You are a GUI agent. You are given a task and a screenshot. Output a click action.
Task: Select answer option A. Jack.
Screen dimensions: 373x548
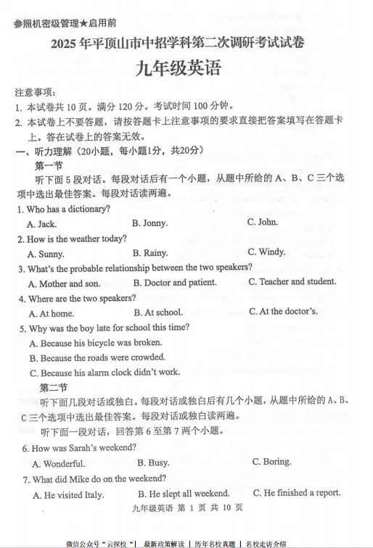[41, 224]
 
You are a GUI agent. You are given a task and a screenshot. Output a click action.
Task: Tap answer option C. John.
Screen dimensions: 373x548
[262, 222]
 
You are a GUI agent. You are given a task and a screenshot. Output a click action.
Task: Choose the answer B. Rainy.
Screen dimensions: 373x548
[149, 253]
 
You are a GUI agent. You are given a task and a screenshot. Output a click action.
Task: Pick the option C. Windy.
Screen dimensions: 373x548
[266, 252]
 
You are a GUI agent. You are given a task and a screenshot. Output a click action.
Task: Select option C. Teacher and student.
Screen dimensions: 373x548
[292, 281]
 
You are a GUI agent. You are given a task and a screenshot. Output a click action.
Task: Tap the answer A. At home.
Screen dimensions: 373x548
[51, 313]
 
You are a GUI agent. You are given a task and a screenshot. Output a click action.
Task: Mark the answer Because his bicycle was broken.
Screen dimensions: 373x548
[95, 343]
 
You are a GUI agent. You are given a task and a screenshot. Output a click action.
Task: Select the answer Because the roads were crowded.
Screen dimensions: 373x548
[97, 357]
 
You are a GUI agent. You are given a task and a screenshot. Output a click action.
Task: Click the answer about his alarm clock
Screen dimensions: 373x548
[104, 372]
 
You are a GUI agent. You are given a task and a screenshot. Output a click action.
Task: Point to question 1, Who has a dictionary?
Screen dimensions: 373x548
[64, 209]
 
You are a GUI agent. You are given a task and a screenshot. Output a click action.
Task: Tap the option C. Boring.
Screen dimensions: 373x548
[271, 462]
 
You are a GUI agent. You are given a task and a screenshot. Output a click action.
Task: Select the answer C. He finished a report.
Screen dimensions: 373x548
[297, 493]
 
